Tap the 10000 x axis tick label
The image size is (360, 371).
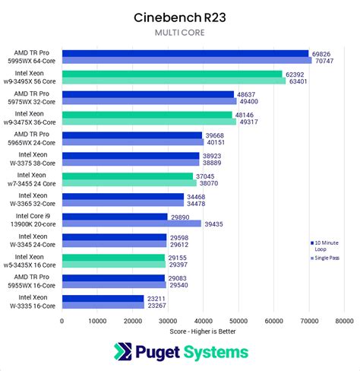97,321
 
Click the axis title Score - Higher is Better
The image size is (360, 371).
203,332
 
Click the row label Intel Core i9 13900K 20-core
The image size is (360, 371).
36,220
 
